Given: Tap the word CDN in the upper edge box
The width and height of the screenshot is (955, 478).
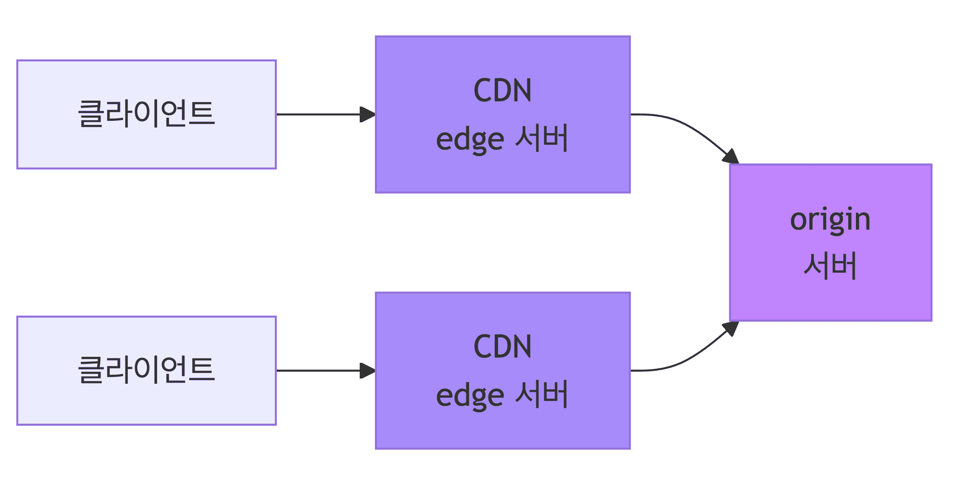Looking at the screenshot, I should point(502,91).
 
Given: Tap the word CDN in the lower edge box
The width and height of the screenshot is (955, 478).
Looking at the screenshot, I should point(502,347).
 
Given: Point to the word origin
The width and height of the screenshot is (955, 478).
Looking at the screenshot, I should point(830,220).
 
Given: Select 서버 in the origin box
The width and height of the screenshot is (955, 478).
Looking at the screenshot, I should point(830,266).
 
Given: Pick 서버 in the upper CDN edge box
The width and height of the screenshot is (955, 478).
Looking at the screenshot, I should point(542,138).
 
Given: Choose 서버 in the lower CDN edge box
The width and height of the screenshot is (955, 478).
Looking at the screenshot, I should point(542,394).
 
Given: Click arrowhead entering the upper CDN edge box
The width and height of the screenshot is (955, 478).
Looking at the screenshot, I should point(367,114).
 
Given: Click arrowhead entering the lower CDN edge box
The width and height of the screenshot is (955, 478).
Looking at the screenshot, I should point(367,371).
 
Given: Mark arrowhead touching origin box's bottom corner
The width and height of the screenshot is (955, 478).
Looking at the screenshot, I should point(731,328).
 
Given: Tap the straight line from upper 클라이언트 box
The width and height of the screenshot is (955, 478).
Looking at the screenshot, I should point(318,114).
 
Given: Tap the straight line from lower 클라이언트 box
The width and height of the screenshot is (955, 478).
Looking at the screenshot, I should point(318,371).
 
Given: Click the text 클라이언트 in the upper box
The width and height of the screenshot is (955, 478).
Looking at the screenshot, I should point(146,113).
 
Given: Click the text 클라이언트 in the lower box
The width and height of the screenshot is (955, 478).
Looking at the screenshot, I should point(146,370).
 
